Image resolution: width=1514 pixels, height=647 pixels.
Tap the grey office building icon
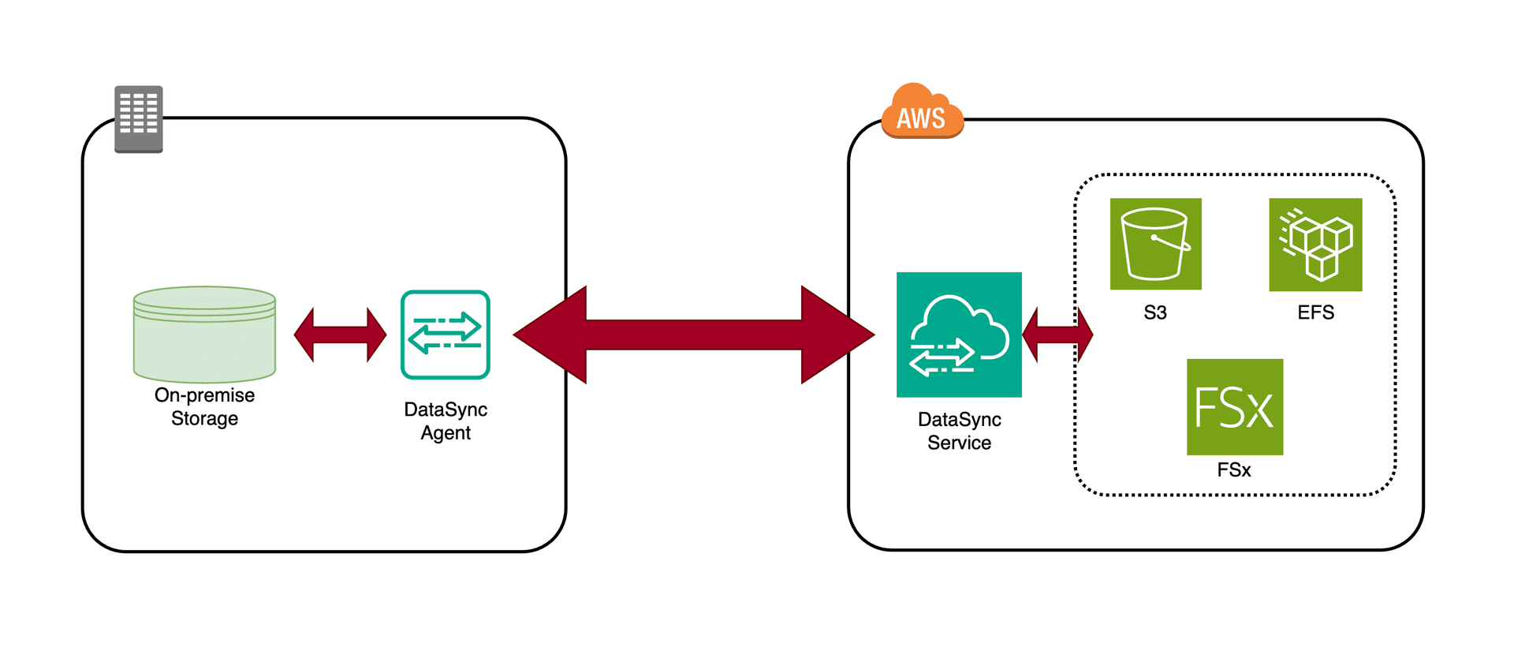coord(139,119)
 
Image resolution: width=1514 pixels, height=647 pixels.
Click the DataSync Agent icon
coord(446,335)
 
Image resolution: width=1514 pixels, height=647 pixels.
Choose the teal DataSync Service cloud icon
coord(959,335)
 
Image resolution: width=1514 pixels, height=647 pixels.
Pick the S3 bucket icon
coord(1155,244)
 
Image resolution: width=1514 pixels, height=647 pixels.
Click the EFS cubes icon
coord(1315,245)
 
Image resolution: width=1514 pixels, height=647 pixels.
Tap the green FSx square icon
coord(1234,407)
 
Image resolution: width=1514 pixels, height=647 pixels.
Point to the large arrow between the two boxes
coord(694,335)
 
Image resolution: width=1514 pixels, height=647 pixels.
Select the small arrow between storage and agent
coord(340,335)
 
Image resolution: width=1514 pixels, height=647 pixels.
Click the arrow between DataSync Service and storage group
coord(1057,335)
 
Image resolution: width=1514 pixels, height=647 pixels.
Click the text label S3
coord(1155,312)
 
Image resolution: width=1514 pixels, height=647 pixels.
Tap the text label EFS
coord(1315,312)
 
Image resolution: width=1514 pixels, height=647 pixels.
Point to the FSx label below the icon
coord(1234,470)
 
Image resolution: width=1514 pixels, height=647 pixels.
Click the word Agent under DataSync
coord(446,433)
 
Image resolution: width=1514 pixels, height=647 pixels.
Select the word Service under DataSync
coord(959,443)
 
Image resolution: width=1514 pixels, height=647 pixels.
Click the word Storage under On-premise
coord(204,419)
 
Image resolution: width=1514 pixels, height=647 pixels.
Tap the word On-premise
coord(204,395)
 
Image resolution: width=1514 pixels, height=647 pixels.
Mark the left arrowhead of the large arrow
coord(552,335)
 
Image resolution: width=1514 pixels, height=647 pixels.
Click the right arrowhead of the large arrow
coord(836,335)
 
